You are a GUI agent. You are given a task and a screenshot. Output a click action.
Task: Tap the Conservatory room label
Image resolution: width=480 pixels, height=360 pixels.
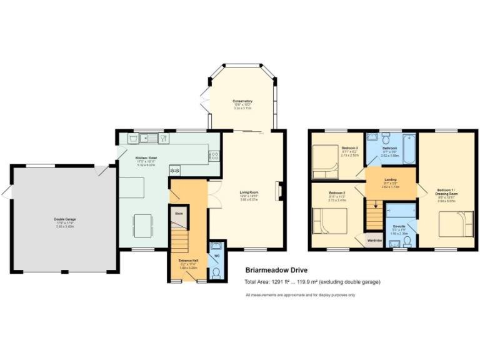pyautogui.click(x=242, y=101)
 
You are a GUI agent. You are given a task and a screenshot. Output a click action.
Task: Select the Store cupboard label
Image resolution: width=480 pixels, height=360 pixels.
pyautogui.click(x=178, y=214)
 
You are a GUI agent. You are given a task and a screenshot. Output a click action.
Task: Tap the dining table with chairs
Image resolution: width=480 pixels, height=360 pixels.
pyautogui.click(x=142, y=225)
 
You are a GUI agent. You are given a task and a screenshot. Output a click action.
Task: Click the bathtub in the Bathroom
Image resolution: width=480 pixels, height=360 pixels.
pyautogui.click(x=409, y=147)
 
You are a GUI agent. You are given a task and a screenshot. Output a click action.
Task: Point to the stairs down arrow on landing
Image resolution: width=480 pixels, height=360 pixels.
pyautogui.click(x=376, y=204)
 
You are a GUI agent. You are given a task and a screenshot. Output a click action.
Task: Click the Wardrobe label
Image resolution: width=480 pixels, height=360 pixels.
pyautogui.click(x=374, y=240)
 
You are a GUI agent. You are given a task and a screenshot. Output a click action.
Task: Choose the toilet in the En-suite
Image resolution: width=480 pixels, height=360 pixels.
pyautogui.click(x=397, y=241)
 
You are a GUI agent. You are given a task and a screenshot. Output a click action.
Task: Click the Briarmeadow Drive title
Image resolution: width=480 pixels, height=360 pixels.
pyautogui.click(x=275, y=271)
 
